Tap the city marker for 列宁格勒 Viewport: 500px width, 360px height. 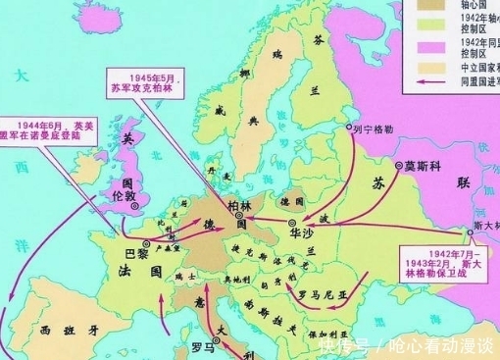[348, 128]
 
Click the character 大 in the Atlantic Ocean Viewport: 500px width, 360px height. [18, 72]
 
